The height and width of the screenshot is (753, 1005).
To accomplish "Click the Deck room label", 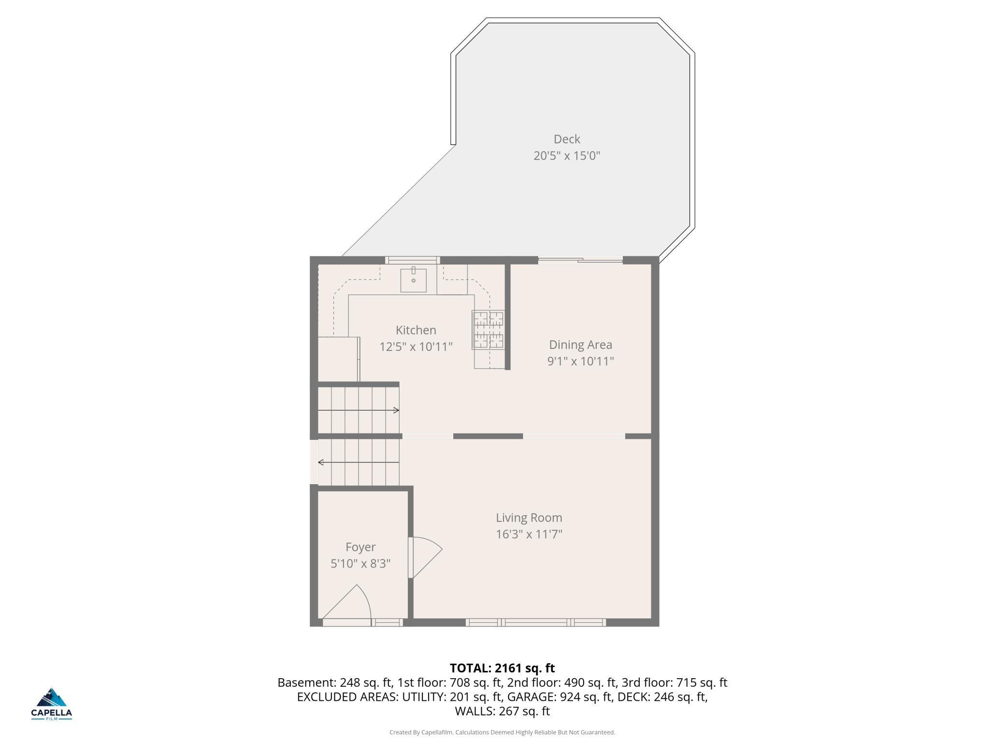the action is pyautogui.click(x=567, y=139).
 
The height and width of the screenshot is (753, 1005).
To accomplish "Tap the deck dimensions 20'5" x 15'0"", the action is pyautogui.click(x=567, y=156).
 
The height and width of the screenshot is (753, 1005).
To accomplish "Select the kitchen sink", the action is pyautogui.click(x=414, y=280).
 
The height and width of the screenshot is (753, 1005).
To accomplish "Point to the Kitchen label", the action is pyautogui.click(x=416, y=330).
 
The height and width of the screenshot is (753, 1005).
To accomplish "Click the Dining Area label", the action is pyautogui.click(x=580, y=345).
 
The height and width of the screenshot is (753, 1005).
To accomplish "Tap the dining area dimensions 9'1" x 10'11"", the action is pyautogui.click(x=580, y=361).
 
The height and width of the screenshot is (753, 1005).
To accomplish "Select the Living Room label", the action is pyautogui.click(x=529, y=517).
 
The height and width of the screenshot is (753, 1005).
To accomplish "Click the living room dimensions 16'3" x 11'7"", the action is pyautogui.click(x=529, y=534).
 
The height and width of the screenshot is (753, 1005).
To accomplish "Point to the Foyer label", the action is pyautogui.click(x=360, y=547).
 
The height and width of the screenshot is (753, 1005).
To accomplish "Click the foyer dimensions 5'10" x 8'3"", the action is pyautogui.click(x=360, y=563).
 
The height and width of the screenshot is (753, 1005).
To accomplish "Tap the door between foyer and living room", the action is pyautogui.click(x=425, y=558).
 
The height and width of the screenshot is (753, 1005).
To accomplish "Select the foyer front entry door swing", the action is pyautogui.click(x=346, y=602).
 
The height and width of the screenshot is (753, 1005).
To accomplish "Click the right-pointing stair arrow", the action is pyautogui.click(x=359, y=410).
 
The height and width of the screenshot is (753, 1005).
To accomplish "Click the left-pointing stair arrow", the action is pyautogui.click(x=359, y=462).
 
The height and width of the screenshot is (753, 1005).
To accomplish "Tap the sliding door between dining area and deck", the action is pyautogui.click(x=580, y=260).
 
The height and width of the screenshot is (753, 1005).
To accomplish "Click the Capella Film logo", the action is pyautogui.click(x=52, y=704).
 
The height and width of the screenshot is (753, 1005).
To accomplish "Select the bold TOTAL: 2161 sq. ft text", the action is pyautogui.click(x=502, y=668).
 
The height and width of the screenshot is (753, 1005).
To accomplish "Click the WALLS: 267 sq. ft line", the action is pyautogui.click(x=502, y=711).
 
